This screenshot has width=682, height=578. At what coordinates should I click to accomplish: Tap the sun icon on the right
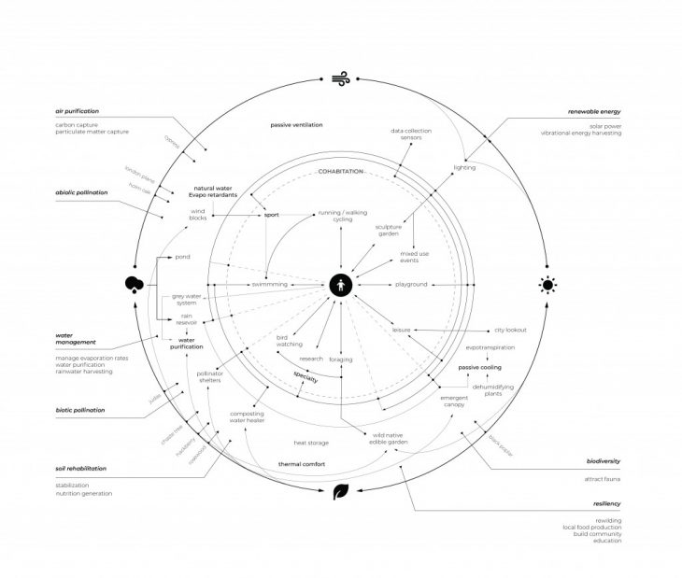pyautogui.click(x=547, y=284)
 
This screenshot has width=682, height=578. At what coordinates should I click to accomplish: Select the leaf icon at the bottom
pyautogui.click(x=342, y=491)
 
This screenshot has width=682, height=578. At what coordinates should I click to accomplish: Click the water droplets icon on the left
pyautogui.click(x=133, y=284)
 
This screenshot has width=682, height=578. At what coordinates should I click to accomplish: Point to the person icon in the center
pyautogui.click(x=341, y=284)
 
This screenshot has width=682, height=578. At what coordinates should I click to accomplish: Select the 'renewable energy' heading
pyautogui.click(x=594, y=111)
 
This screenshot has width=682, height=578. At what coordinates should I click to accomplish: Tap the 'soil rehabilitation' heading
pyautogui.click(x=80, y=468)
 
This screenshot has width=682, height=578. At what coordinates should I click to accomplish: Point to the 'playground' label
pyautogui.click(x=411, y=284)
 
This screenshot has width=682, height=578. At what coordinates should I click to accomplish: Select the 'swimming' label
pyautogui.click(x=269, y=284)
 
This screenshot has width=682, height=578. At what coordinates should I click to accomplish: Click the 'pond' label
pyautogui.click(x=183, y=255)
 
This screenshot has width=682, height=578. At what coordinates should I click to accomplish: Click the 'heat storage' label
pyautogui.click(x=310, y=443)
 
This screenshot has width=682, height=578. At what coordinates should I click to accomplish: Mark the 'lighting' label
pyautogui.click(x=465, y=168)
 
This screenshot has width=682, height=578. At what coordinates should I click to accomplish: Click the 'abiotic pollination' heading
pyautogui.click(x=81, y=192)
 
